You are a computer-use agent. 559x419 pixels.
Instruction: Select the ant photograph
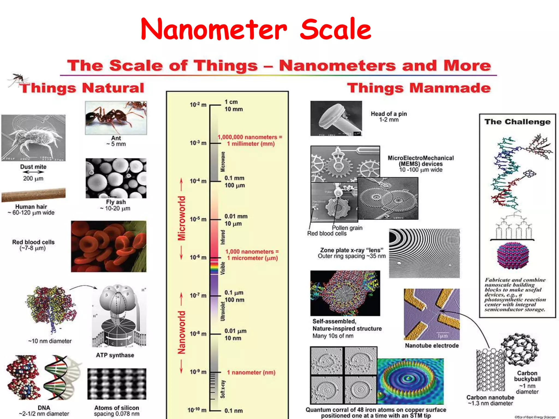point(116,118)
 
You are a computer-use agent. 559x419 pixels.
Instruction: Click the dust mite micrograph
point(33,138)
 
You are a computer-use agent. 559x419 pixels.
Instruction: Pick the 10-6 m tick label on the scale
point(198,257)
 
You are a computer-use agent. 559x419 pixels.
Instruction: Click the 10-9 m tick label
point(198,372)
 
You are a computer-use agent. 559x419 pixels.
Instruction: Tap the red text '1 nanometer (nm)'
point(251,372)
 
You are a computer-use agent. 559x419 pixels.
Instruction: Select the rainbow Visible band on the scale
point(214,268)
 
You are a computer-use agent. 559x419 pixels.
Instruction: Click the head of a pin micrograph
point(336,118)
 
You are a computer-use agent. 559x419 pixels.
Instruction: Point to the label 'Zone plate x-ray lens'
point(352,250)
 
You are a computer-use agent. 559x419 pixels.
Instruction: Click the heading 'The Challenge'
point(518,122)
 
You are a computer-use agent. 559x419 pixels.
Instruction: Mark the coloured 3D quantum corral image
point(411,381)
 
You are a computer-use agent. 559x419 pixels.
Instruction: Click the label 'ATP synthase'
point(115,355)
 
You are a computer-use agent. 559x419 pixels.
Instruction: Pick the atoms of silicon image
point(117,384)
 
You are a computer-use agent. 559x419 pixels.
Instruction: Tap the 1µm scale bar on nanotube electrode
point(442,336)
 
